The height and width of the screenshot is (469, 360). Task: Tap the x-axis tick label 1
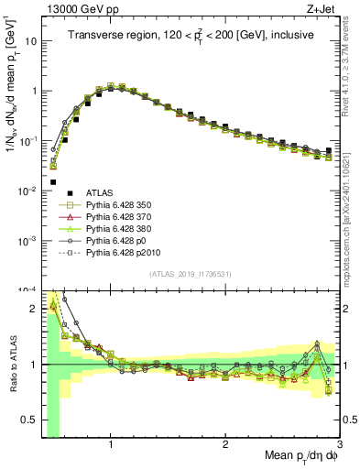pos(111,445)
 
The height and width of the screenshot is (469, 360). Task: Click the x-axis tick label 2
pos(225,445)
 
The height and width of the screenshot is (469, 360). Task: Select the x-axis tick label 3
pos(339,445)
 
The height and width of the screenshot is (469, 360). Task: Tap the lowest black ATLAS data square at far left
pos(53,181)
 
